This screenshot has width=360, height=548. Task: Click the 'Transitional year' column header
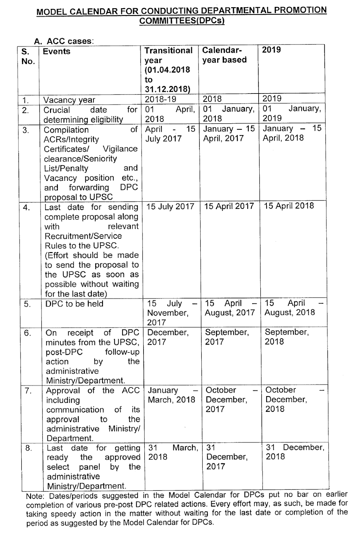pos(169,70)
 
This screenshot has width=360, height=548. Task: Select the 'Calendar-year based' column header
pos(224,55)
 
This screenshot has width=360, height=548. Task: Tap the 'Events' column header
pos(57,51)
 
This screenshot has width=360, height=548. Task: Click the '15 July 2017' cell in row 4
pos(170,207)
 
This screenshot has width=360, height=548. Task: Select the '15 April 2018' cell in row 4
pos(289,206)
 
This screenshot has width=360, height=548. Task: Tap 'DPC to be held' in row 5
pos(74,303)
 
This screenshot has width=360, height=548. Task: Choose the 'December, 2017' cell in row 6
pos(168,337)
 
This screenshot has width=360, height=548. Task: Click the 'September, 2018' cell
pos(287,337)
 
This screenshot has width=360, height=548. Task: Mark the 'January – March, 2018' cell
pos(171,395)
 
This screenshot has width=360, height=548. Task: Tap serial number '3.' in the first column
pos(26,130)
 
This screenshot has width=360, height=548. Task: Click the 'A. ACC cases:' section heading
pos(63,41)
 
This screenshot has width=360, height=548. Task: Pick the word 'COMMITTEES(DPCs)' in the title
pos(182,21)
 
